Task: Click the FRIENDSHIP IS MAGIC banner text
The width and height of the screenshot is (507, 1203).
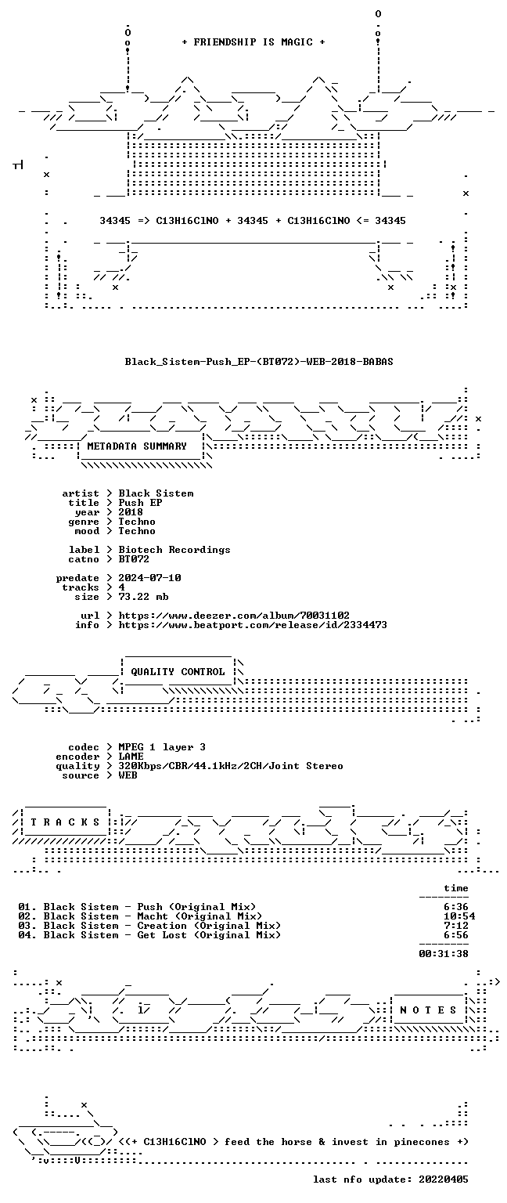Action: coord(253,42)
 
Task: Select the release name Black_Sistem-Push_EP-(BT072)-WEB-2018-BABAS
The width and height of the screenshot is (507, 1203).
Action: coord(259,361)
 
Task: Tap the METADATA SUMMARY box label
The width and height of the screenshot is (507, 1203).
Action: coord(137,446)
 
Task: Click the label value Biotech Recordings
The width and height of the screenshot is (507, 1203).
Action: coord(174,549)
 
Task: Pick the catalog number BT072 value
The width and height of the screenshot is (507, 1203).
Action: coord(134,559)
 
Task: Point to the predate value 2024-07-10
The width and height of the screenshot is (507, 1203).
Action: coord(149,578)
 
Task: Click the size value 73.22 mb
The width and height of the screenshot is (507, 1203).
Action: coord(143,597)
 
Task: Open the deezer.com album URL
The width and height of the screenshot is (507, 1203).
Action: coord(234,616)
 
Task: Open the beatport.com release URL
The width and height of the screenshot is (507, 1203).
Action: coord(253,625)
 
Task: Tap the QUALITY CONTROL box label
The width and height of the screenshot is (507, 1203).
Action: coord(178,672)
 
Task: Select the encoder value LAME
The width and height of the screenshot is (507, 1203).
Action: coord(131,757)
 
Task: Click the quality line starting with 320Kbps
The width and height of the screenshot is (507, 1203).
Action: coord(231,766)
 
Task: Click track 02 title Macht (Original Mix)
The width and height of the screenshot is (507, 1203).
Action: coord(200,916)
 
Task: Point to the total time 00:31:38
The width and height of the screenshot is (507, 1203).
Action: coord(444,954)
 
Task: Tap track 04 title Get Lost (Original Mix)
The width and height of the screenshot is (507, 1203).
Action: coord(209,935)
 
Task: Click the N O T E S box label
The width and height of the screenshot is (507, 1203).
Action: coord(428,1010)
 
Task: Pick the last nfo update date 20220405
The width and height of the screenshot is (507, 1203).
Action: coord(443,1180)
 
